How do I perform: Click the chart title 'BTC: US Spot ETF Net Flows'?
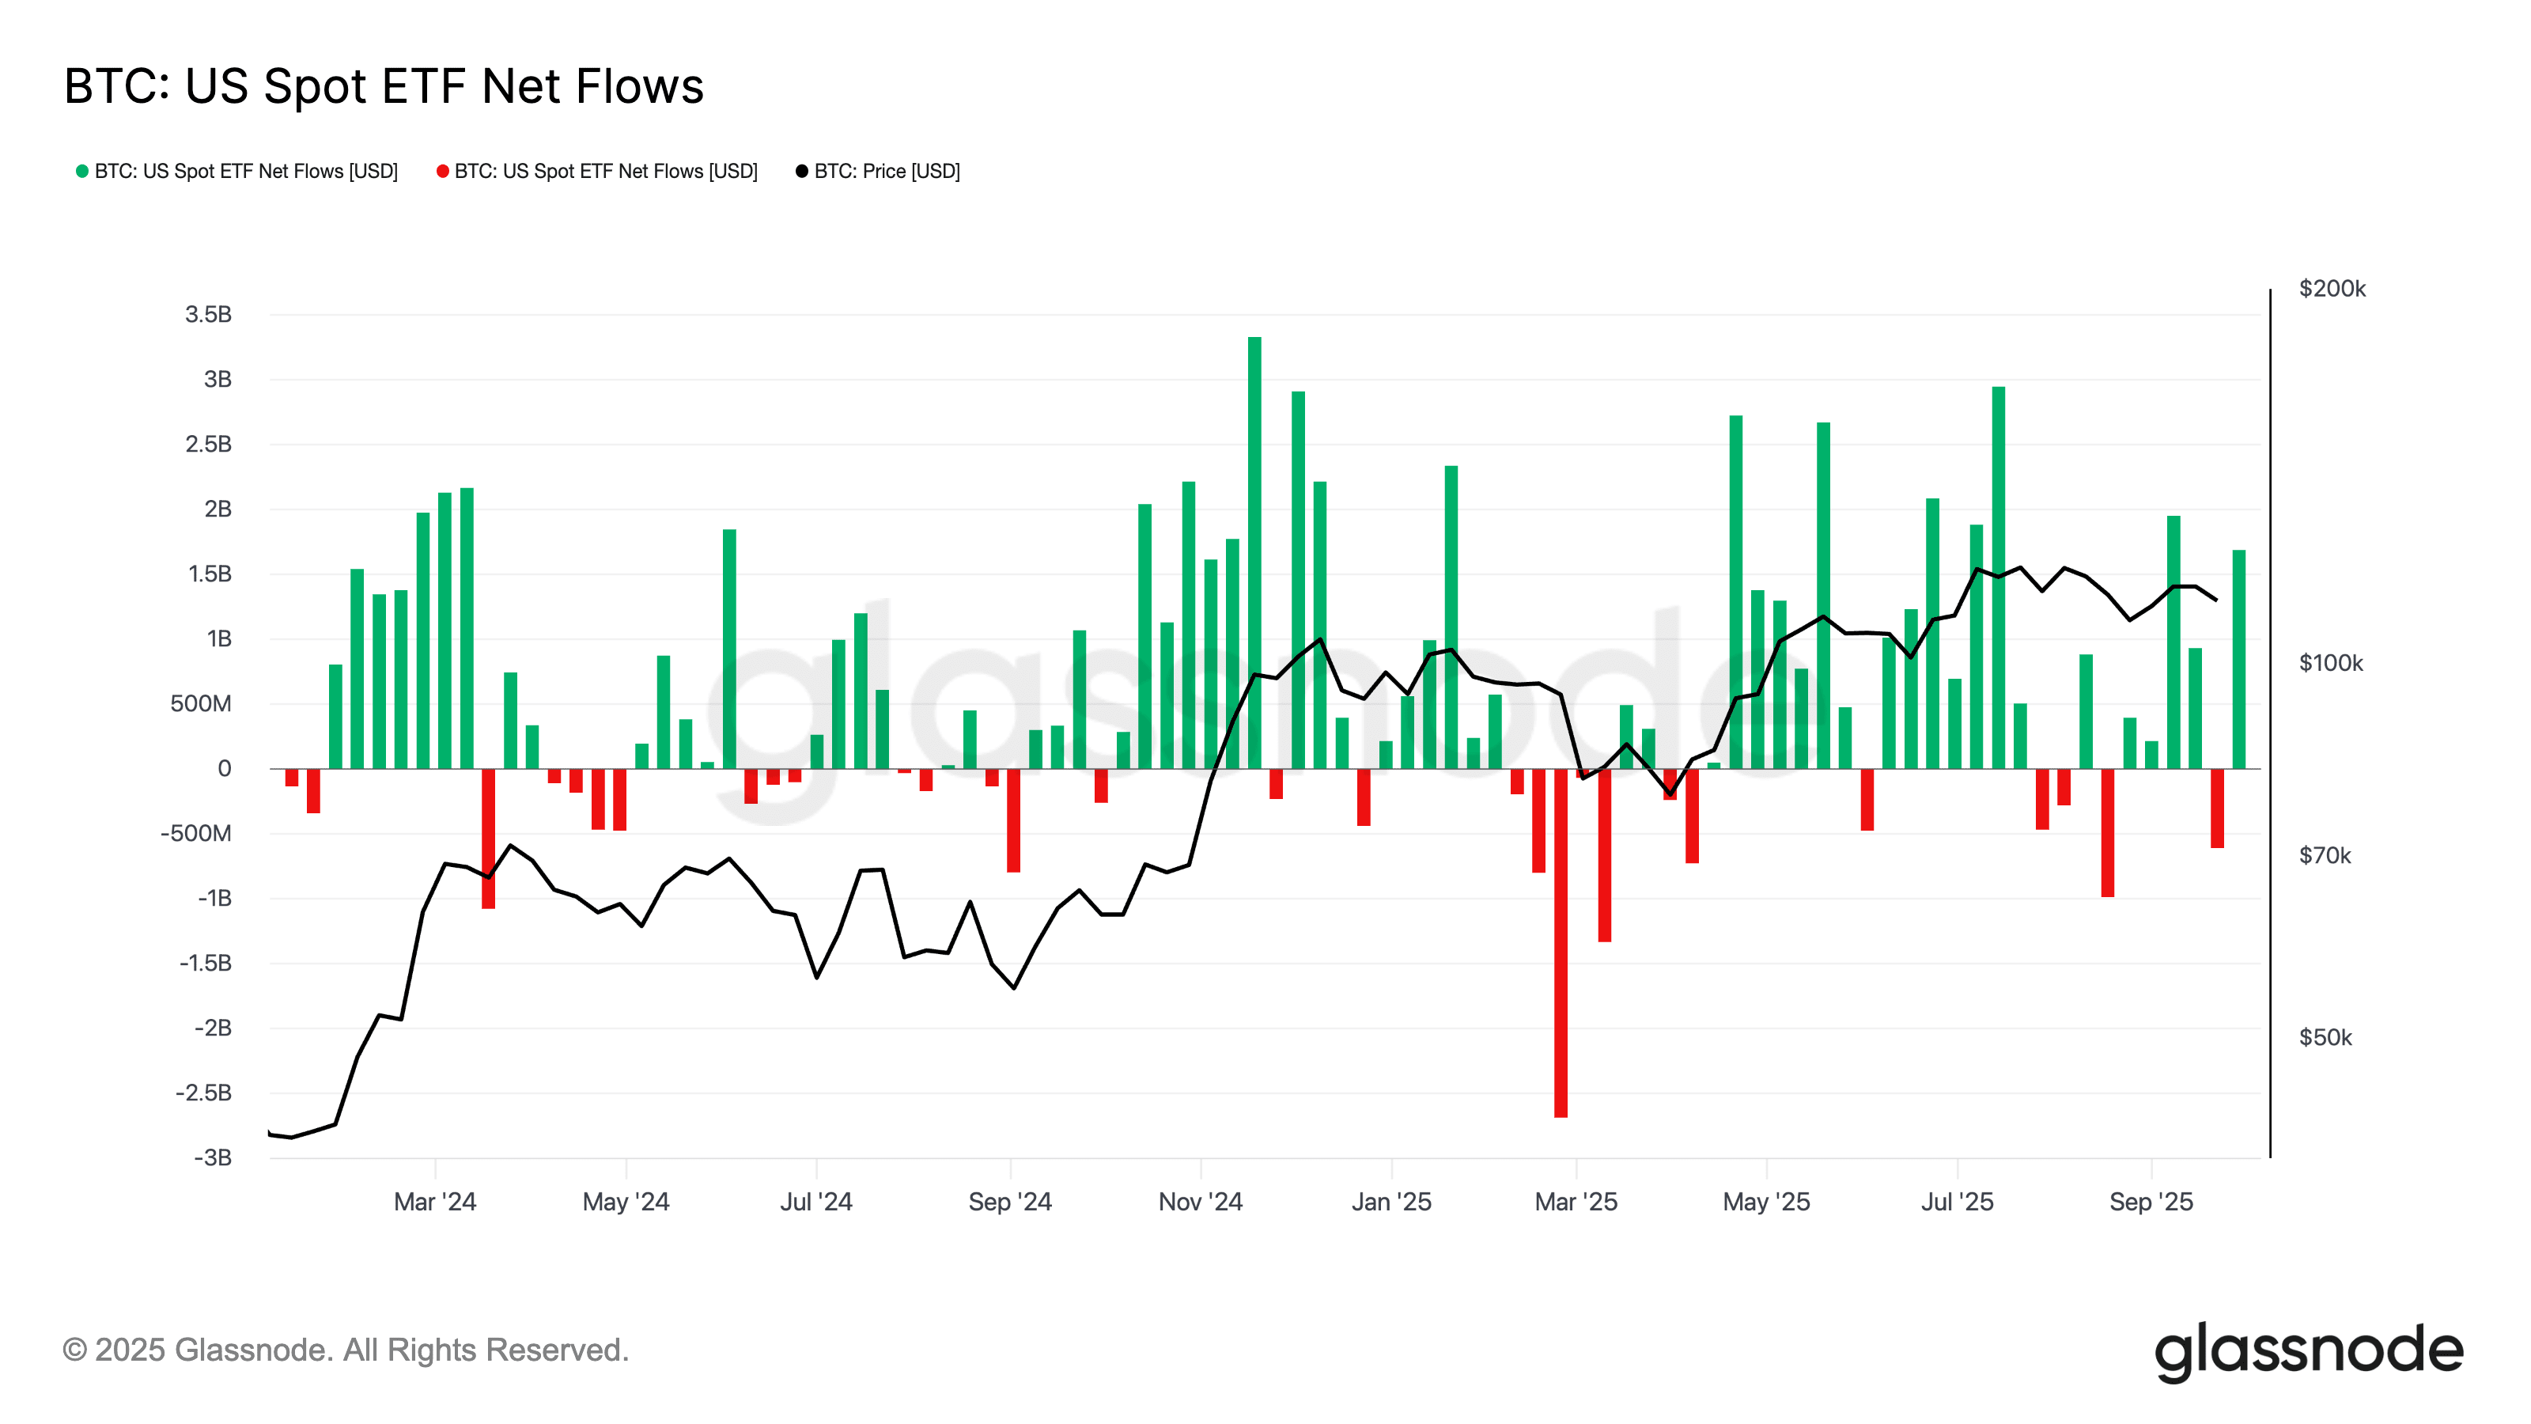pos(383,86)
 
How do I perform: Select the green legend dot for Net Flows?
pos(82,172)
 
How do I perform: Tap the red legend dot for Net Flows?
pos(442,172)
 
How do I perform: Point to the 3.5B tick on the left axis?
pos(208,315)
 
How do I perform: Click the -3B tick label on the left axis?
pos(212,1157)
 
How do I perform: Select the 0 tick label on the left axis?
pos(224,768)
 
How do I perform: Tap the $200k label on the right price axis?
pos(2332,289)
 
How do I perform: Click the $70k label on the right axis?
pos(2325,856)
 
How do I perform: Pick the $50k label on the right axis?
pos(2325,1038)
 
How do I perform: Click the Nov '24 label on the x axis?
pos(1201,1202)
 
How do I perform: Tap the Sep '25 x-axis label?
pos(2151,1202)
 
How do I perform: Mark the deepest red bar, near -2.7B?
pos(1561,944)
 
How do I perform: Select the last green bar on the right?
pos(2239,658)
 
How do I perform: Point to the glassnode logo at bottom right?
pos(2308,1351)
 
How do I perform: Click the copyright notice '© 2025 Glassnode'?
pos(345,1350)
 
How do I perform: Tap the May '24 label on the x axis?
pos(626,1202)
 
